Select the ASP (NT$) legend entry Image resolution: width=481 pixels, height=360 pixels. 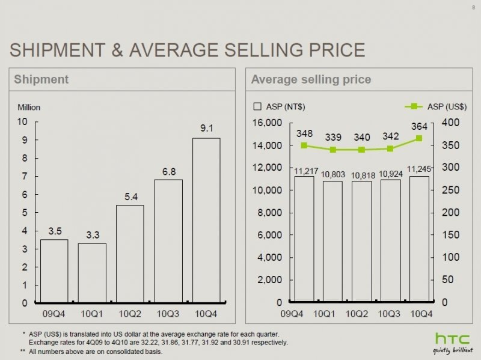[280, 107]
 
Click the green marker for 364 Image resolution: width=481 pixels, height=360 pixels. [419, 138]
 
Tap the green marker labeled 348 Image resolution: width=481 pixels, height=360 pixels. [304, 145]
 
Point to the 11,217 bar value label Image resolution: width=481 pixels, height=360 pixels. [304, 171]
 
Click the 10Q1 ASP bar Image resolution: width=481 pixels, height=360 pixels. [332, 240]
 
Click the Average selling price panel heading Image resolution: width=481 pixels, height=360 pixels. [310, 79]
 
